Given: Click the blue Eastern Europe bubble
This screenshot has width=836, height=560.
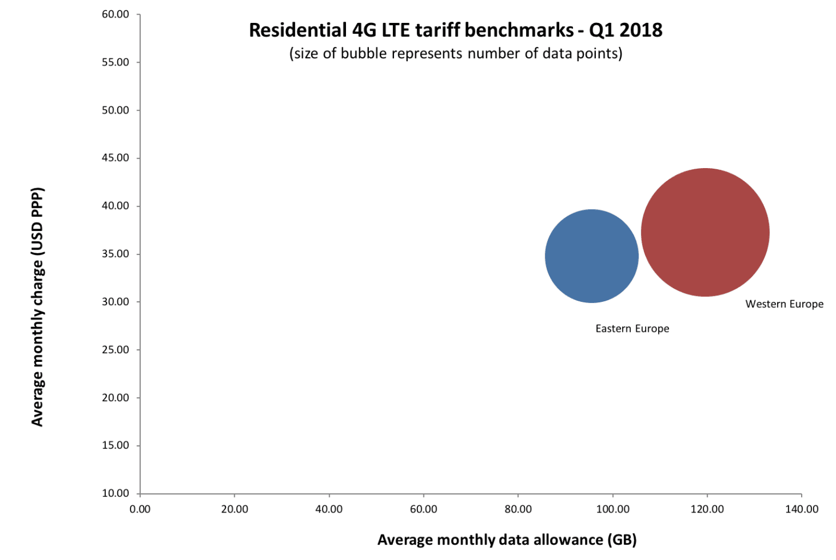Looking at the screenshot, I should [x=592, y=256].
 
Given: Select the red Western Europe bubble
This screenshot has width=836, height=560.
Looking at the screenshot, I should [x=705, y=233].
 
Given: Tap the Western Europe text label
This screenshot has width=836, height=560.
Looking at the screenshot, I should [x=784, y=304].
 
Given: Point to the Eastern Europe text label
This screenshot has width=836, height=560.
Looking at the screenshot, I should [x=632, y=329].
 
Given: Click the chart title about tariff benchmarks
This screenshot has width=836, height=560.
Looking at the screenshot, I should [x=455, y=30].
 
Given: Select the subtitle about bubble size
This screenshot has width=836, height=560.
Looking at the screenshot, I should [x=455, y=53].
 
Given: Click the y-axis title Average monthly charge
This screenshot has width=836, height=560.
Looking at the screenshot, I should [x=37, y=307].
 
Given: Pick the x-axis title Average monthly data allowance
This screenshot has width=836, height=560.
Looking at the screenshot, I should [x=507, y=540].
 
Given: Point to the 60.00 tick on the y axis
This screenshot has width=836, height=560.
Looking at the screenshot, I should [x=116, y=14].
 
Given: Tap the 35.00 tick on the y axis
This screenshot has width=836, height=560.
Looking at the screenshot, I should [x=116, y=254].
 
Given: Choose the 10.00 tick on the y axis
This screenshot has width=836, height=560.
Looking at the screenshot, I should [x=116, y=493].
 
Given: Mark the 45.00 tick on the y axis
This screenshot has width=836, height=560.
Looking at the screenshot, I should [x=116, y=158].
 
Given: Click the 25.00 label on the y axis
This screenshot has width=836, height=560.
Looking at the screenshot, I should [x=116, y=350].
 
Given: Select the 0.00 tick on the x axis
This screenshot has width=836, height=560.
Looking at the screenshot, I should [x=140, y=509].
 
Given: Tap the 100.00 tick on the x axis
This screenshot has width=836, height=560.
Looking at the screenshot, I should [x=612, y=509].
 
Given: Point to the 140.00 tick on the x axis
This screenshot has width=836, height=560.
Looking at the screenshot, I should [x=802, y=509].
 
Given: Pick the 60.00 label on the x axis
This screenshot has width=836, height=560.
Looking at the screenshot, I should [x=423, y=509].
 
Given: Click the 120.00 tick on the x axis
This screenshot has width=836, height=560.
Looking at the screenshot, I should [x=707, y=509].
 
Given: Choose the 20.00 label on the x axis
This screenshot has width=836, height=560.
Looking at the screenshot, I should [x=235, y=509].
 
